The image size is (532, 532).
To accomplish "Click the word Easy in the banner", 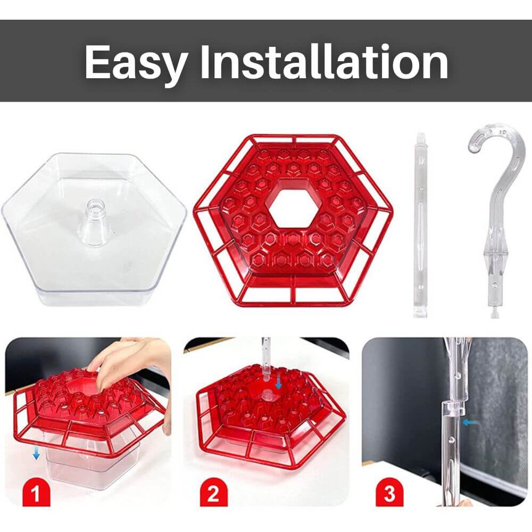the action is pos(136,63).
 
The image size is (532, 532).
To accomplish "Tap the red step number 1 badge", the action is pos(36,492).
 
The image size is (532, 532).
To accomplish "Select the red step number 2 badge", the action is pos(213,492).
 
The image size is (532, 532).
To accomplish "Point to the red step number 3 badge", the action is pos(389,492).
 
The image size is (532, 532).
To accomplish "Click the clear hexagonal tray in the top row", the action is pos(94,229).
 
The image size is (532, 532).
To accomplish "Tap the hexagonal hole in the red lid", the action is pos(294,208).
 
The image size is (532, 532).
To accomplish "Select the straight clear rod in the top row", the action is pos(421,225).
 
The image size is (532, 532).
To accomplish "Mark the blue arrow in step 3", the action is pos(471,422).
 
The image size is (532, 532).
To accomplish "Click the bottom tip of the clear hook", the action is pos(494,315).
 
